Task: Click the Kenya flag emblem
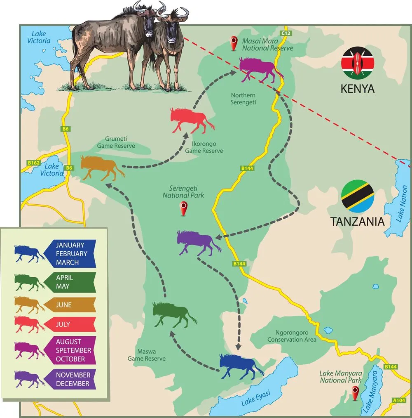[358, 63]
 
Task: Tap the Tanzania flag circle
[358, 196]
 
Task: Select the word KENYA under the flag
[357, 89]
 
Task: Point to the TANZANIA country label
[357, 221]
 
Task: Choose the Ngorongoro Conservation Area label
[292, 336]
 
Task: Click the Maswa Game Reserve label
[146, 355]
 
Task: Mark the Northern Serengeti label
[243, 99]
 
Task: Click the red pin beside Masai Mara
[234, 43]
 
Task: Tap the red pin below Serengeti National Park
[184, 208]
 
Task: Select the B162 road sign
[34, 163]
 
